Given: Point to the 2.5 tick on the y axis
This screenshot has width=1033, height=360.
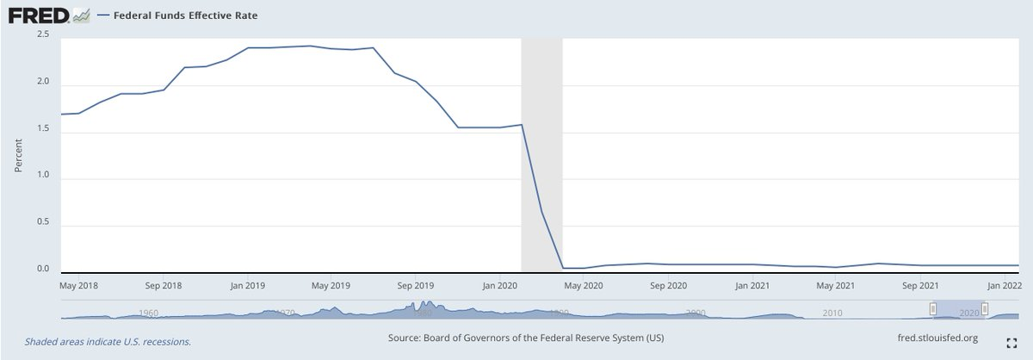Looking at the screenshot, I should click(x=42, y=34).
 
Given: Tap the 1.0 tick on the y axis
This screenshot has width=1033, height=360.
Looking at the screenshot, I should click(x=42, y=176).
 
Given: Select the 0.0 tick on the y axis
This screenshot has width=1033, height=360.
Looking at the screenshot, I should click(x=42, y=270).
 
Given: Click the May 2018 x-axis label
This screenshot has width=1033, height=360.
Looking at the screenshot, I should click(x=79, y=284).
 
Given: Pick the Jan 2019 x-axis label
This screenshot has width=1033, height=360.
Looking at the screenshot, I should click(x=247, y=284).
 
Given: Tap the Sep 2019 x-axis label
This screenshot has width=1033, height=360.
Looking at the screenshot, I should click(x=416, y=284).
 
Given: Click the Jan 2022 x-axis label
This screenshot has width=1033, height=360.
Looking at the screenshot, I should click(x=1005, y=284).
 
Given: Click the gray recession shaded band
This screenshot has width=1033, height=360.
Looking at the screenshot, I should click(x=541, y=155).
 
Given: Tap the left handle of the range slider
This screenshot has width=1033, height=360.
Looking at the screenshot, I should click(x=932, y=308).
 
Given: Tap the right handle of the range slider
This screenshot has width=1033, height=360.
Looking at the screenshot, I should click(x=985, y=308).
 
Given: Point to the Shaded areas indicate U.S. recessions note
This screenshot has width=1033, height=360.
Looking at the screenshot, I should click(x=108, y=341).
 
